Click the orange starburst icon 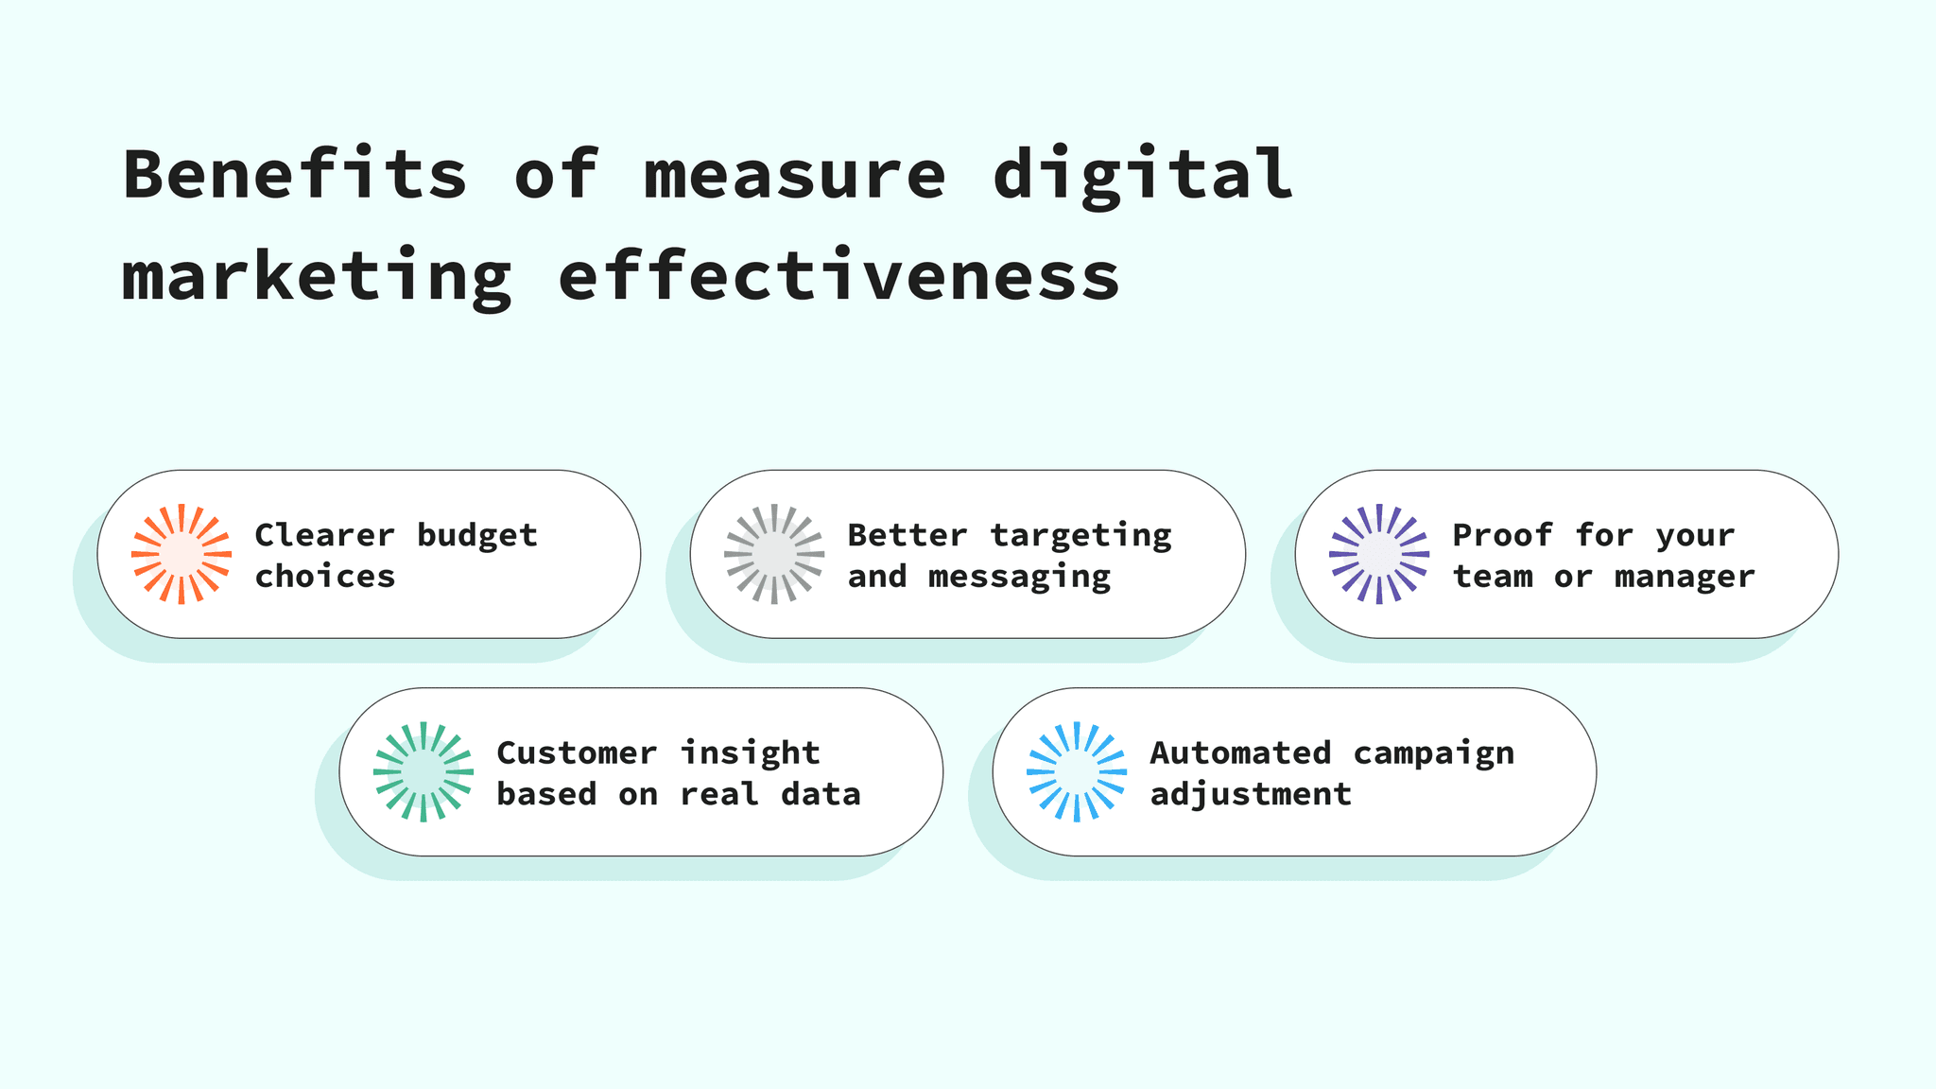tap(181, 554)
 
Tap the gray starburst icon tap(774, 554)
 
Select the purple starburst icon tap(1379, 554)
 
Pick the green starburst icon tap(423, 771)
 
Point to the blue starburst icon tap(1077, 771)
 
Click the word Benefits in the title tap(295, 175)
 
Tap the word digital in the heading tap(1142, 177)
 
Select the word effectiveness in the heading tap(838, 276)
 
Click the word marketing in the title tap(317, 278)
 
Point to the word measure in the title tap(794, 177)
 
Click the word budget tap(477, 536)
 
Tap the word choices tap(325, 576)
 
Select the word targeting tap(1080, 536)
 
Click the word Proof tap(1503, 535)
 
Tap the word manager tap(1685, 577)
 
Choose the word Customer tap(577, 752)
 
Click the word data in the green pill tap(821, 794)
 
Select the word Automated tap(1240, 752)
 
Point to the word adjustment tap(1251, 794)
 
